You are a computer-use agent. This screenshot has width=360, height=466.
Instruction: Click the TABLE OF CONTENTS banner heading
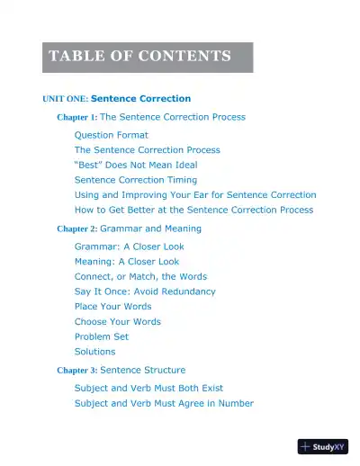tap(139, 57)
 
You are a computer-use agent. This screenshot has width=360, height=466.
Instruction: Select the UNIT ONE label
tap(65, 99)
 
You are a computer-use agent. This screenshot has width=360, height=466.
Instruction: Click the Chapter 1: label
tap(76, 118)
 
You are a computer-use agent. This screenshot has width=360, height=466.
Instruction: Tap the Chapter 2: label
tap(76, 229)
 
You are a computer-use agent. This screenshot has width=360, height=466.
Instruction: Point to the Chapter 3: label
tap(76, 371)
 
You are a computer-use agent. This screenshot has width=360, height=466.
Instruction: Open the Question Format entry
tap(111, 135)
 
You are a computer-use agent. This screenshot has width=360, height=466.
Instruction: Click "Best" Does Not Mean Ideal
tap(136, 165)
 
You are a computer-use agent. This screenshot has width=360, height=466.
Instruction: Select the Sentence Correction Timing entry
tap(135, 180)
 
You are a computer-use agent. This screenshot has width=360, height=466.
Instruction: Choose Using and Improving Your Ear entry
tap(195, 194)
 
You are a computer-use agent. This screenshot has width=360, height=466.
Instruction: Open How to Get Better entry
tap(193, 210)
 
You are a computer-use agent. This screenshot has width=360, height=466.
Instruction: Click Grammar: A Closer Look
tap(129, 246)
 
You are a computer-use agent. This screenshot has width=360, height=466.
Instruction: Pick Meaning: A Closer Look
tap(127, 262)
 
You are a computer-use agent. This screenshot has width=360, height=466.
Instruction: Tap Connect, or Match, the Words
tap(140, 276)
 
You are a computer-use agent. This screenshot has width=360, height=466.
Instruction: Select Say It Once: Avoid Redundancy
tap(145, 291)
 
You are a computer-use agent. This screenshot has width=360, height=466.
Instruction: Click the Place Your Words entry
tap(112, 307)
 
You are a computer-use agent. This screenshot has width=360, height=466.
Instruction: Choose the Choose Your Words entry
tap(117, 321)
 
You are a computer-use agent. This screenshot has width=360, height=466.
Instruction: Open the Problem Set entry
tap(101, 336)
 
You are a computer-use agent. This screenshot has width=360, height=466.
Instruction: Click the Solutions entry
tap(94, 352)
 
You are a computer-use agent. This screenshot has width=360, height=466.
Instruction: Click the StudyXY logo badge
tap(322, 446)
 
